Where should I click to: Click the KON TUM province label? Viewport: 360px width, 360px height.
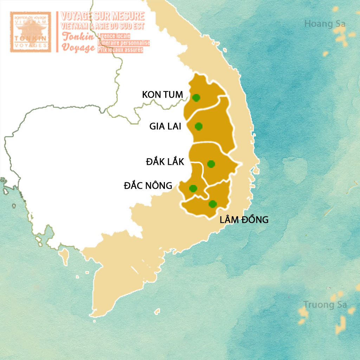(162, 95)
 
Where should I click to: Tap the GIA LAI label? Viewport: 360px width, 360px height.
(165, 126)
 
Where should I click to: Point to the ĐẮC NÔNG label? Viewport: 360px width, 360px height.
(148, 185)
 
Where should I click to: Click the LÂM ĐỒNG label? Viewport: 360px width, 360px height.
(244, 220)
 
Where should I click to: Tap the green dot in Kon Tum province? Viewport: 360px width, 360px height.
(196, 97)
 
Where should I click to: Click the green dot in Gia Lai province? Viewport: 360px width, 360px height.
(199, 126)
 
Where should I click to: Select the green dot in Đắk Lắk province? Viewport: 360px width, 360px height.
(211, 164)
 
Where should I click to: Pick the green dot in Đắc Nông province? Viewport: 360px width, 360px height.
(193, 188)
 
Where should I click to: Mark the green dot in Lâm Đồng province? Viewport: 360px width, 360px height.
(212, 204)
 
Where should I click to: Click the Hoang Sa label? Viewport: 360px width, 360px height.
(325, 24)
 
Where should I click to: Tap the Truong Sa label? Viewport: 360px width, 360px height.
(325, 304)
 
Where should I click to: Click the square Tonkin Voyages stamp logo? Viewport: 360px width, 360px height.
(31, 32)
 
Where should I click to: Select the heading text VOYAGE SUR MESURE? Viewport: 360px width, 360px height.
(103, 16)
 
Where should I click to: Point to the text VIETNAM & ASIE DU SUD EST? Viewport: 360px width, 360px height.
(103, 26)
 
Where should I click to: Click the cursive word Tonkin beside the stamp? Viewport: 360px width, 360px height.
(78, 37)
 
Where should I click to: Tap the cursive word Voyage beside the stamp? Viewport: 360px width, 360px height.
(78, 47)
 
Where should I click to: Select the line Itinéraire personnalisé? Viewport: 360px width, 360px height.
(124, 43)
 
